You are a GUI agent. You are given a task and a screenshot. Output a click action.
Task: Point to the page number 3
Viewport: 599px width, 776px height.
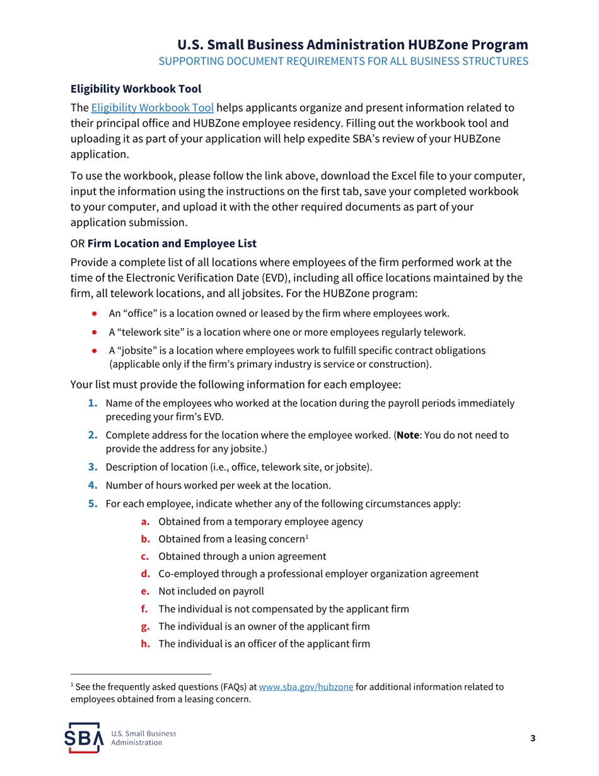(532, 739)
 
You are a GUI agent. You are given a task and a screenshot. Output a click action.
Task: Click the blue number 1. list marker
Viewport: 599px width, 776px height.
(93, 403)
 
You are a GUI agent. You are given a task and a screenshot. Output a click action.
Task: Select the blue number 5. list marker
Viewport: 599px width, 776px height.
(93, 503)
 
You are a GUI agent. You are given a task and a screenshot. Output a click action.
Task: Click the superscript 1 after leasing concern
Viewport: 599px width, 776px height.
(306, 537)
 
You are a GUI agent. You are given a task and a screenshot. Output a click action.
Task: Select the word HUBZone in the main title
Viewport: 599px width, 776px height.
(439, 45)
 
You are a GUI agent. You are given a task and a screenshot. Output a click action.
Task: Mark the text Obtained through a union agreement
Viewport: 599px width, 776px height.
(242, 556)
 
